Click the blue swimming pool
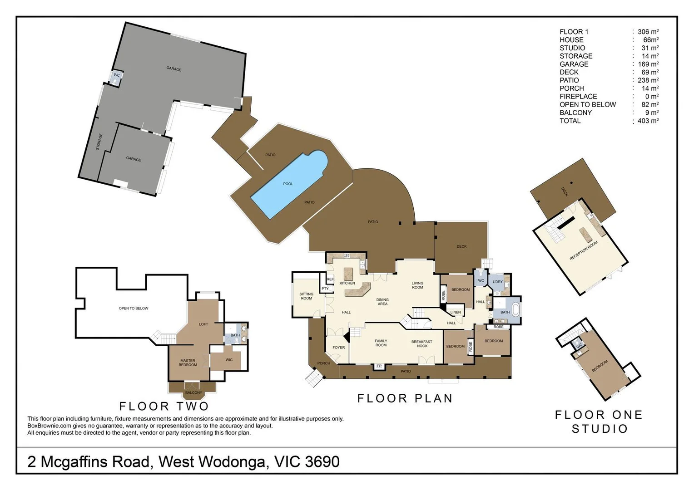pos(288,184)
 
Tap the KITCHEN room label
pos(347,283)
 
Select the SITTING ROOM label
pos(306,296)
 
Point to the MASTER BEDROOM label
pos(188,363)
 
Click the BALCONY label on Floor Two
pos(193,392)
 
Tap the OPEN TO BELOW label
pos(134,309)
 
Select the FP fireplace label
pos(379,366)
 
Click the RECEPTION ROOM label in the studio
pos(584,250)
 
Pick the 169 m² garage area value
pos(648,64)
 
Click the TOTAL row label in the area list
pos(570,121)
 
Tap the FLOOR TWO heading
pos(164,406)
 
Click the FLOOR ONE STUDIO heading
pos(599,421)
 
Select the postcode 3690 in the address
pos(322,462)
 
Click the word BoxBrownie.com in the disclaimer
pos(49,426)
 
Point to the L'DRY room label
pos(498,282)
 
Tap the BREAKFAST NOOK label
pos(422,344)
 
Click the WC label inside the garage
pos(117,75)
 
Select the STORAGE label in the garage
pos(99,142)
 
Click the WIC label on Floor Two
pos(229,360)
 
